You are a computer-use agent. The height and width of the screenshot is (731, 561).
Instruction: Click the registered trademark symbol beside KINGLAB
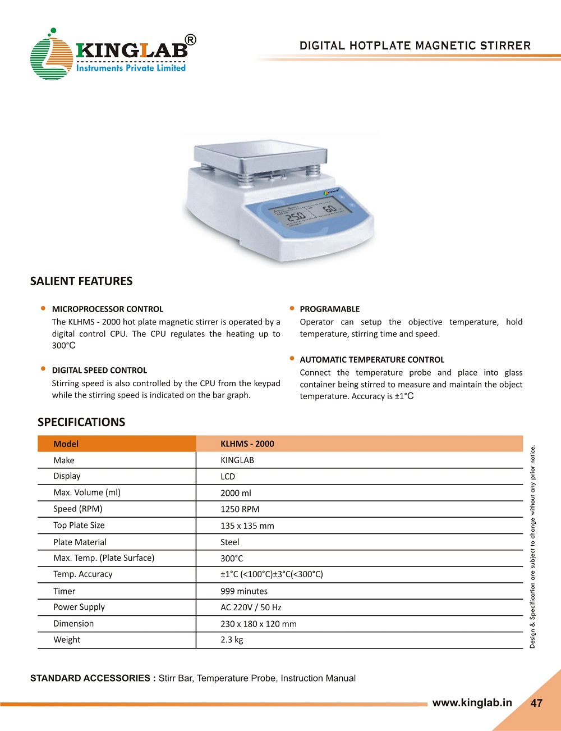pos(190,40)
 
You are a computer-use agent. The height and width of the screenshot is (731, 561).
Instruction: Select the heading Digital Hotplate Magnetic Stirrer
pos(415,46)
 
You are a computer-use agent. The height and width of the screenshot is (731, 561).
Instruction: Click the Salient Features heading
pos(81,281)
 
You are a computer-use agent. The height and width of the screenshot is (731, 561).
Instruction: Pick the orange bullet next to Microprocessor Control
pos(43,308)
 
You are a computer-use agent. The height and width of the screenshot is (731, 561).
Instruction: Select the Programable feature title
pos(330,309)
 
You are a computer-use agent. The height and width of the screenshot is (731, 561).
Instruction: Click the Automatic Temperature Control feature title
pos(372,359)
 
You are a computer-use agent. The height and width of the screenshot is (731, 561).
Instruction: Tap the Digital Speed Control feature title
pos(99,370)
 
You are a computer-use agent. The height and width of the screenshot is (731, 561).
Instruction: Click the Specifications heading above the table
pos(81,422)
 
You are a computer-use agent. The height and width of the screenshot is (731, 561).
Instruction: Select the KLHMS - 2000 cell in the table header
pos(247,444)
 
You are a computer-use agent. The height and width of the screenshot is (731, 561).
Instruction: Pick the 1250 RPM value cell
pos(240,509)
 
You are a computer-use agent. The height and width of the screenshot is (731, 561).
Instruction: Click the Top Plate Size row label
pos(79,526)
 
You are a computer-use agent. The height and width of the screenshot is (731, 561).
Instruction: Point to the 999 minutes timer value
pos(244,591)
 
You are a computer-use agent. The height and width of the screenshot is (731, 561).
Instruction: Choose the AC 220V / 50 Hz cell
pos(251,607)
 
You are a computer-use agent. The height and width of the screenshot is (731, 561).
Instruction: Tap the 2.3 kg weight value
pos(232,640)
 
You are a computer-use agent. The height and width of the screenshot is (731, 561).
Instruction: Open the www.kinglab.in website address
pos(472,703)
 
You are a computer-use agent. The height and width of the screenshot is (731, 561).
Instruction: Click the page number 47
pos(536,703)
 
